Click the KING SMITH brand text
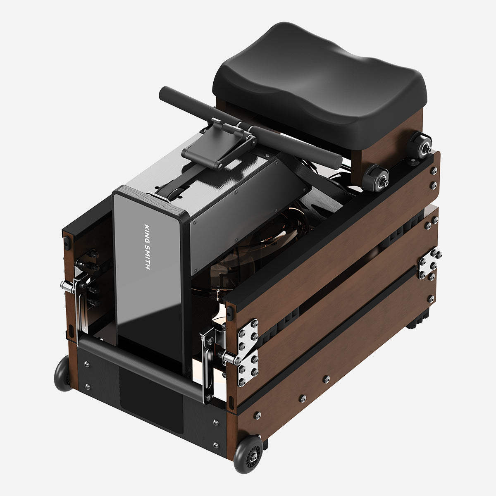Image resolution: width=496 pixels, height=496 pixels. (147, 247)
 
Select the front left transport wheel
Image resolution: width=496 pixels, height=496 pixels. (63, 373)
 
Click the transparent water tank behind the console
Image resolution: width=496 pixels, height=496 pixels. (231, 256)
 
